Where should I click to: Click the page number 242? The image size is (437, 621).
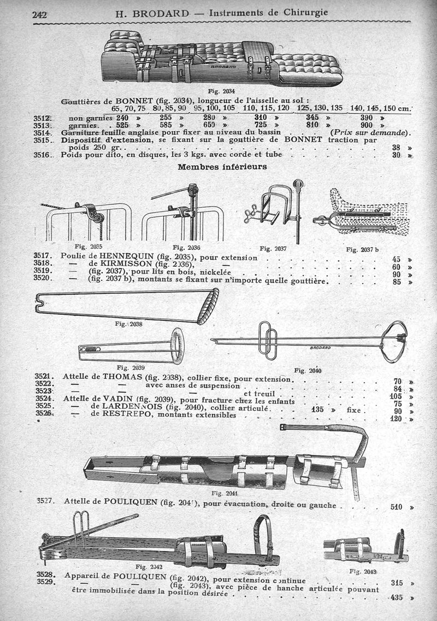coord(40,14)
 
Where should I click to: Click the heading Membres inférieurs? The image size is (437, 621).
coord(222,167)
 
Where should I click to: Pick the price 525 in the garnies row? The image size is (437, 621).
coord(122,125)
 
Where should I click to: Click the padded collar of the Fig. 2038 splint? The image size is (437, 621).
coord(208,306)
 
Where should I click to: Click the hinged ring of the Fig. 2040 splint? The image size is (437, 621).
coord(394,342)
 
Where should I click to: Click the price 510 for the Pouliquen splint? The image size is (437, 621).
coord(397,507)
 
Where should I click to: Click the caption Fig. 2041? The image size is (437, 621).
coord(222,493)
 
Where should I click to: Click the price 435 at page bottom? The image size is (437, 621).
coord(397,597)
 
